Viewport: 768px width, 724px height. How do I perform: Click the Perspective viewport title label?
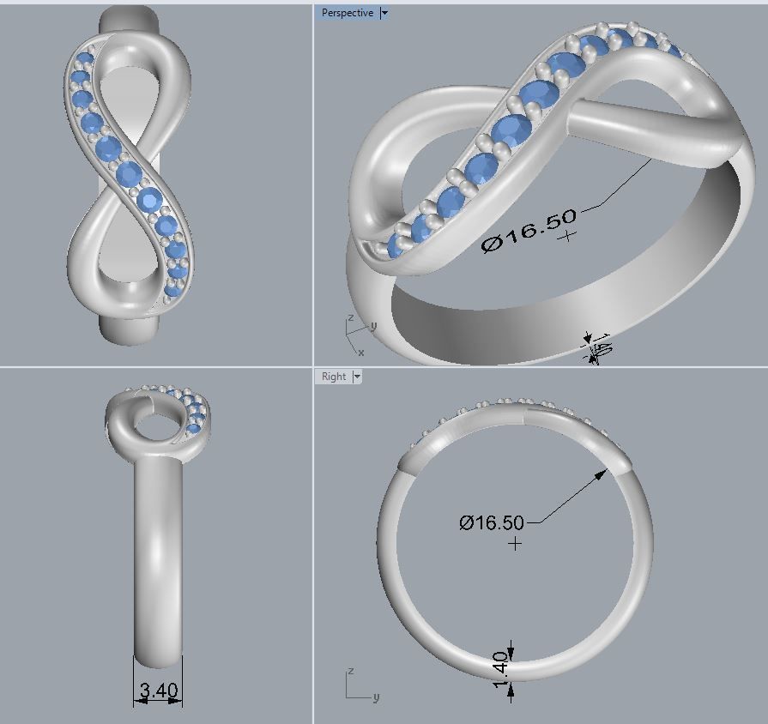point(347,13)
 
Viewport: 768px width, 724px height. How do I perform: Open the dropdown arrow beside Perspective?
point(384,13)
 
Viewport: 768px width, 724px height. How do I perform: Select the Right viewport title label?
point(334,377)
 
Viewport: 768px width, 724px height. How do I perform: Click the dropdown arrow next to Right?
point(357,377)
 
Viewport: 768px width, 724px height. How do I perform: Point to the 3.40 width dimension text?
point(157,688)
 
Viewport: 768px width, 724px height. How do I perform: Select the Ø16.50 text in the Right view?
point(491,522)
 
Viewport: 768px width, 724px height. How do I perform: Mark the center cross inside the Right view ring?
point(515,544)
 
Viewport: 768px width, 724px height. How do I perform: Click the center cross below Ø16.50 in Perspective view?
point(566,234)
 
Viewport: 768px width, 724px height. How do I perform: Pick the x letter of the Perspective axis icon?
point(360,353)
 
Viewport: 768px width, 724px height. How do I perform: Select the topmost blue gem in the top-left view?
point(84,60)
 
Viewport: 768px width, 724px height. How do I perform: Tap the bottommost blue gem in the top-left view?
point(172,290)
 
